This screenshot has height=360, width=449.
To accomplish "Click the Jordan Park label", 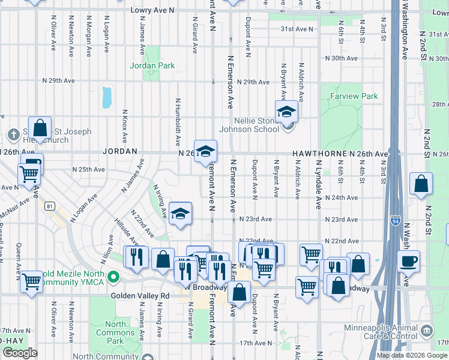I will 152,65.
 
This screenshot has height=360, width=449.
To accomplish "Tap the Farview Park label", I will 354,96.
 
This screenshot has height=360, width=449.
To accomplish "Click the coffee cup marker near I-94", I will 408,261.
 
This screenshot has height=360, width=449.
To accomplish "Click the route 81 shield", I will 49,206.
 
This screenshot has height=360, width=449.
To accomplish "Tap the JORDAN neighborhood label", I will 120,152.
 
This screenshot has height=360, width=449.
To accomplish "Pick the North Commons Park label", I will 115,332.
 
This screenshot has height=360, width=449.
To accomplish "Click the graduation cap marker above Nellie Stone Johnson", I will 286,111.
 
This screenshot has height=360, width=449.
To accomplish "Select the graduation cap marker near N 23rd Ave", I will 179,213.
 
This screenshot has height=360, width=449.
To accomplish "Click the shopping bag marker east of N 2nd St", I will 421,184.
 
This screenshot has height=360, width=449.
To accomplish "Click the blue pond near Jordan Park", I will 107,97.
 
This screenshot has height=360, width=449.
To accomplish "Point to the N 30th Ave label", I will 341,59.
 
